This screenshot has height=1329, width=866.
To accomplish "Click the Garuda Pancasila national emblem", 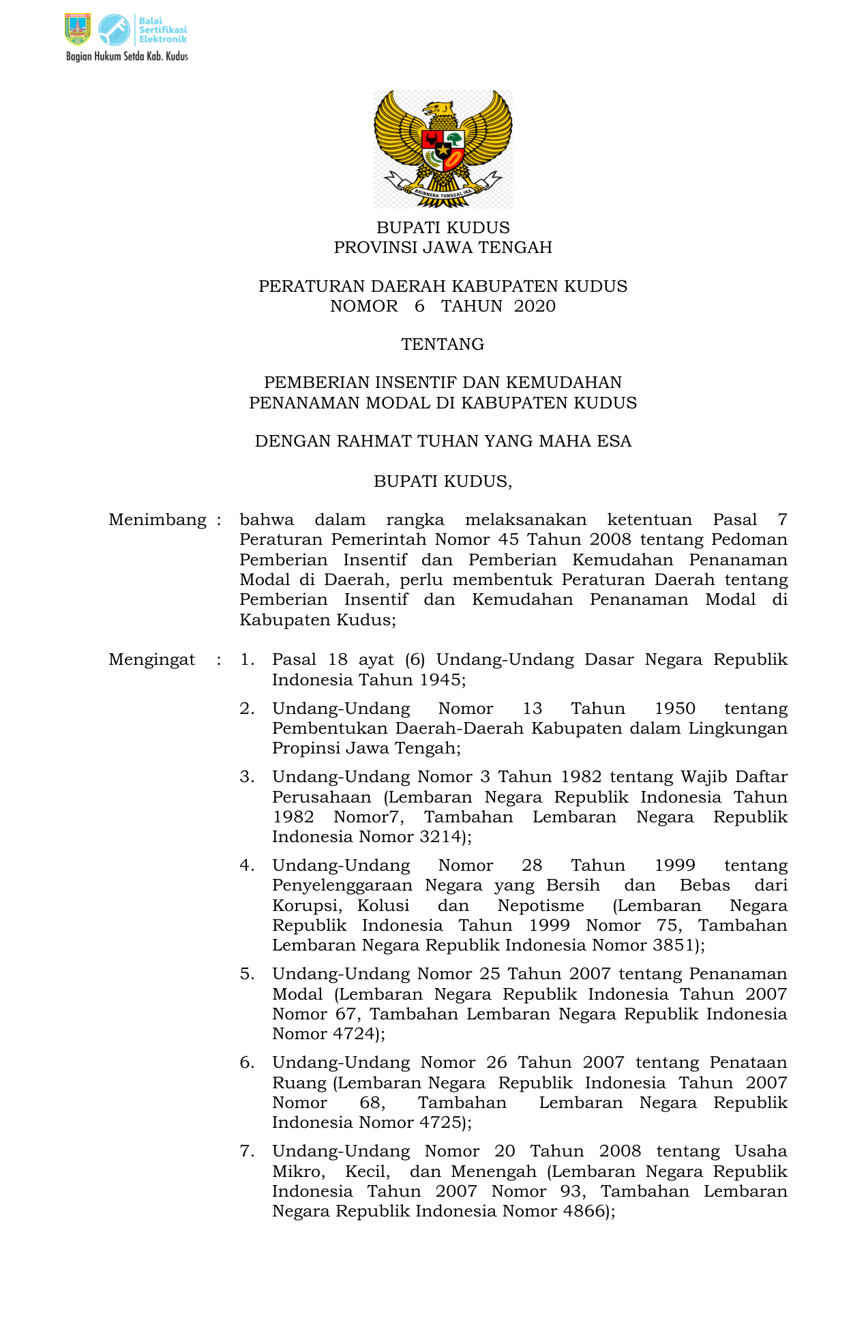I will (x=443, y=149).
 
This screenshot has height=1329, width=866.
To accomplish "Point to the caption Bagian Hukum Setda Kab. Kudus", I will (x=127, y=57).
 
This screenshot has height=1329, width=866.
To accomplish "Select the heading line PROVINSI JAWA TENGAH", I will (x=443, y=248).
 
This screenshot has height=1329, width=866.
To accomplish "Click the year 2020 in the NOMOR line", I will (x=535, y=306).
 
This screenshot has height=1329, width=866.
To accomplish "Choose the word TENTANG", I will (x=443, y=344).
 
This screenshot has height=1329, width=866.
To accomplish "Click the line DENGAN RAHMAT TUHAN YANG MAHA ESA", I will (x=443, y=441).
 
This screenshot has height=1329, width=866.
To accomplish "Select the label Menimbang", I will (x=158, y=520).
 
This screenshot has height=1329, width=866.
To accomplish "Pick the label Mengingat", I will (x=152, y=660).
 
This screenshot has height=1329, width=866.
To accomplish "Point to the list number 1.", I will (x=247, y=660).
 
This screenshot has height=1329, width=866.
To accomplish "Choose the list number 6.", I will (x=247, y=1063).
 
